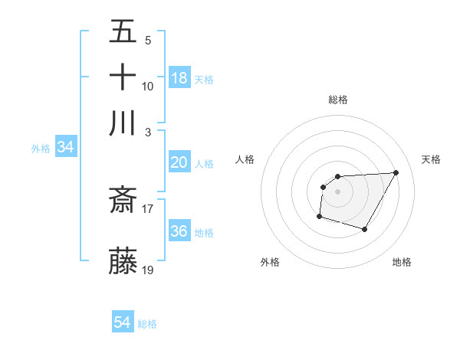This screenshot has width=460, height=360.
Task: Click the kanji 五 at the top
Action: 123,33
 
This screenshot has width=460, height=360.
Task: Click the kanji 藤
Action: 123,261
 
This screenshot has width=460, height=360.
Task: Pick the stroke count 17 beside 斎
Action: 148,208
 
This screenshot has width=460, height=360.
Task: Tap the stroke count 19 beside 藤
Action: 148,270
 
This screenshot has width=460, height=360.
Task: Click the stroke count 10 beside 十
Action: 148,86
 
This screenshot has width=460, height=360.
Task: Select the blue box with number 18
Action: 179,77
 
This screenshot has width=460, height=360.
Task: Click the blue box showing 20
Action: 179,162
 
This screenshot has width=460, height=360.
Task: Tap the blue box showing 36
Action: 179,231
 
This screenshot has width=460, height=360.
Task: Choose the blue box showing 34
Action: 65,147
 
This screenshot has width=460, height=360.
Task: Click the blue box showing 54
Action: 123,322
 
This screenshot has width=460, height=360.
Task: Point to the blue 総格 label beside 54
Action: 147,324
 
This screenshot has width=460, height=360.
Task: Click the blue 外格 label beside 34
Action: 41,149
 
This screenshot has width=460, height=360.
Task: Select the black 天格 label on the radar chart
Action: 431,159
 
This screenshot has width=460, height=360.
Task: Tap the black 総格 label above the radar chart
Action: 338,100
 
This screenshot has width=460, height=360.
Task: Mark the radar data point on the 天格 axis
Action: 396,172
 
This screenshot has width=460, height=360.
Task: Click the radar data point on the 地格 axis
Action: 365,229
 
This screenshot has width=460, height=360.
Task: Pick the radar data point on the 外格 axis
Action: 319,217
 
